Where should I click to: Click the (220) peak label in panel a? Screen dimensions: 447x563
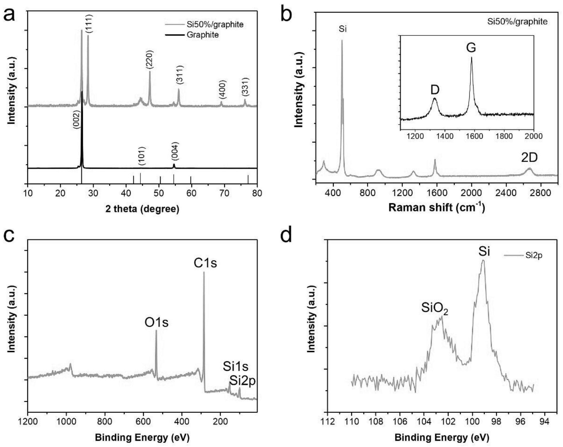[x=150, y=60]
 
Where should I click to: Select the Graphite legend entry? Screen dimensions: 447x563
[x=202, y=35]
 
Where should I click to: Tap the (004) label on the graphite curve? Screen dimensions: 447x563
[x=175, y=151]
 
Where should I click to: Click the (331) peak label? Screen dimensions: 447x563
[x=246, y=87]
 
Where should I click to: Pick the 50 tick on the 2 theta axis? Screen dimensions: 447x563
[x=159, y=193]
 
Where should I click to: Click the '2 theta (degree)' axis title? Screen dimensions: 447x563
[x=142, y=209]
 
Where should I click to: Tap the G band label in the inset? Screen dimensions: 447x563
[x=471, y=48]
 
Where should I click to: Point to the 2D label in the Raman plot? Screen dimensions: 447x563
[x=529, y=158]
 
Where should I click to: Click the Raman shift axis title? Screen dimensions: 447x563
[x=437, y=208]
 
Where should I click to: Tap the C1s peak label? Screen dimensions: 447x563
[x=205, y=263]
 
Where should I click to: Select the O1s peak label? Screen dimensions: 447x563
[x=157, y=323]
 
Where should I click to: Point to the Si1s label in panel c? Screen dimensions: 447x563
[x=236, y=367]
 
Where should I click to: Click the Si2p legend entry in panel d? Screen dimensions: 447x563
[x=534, y=256]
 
